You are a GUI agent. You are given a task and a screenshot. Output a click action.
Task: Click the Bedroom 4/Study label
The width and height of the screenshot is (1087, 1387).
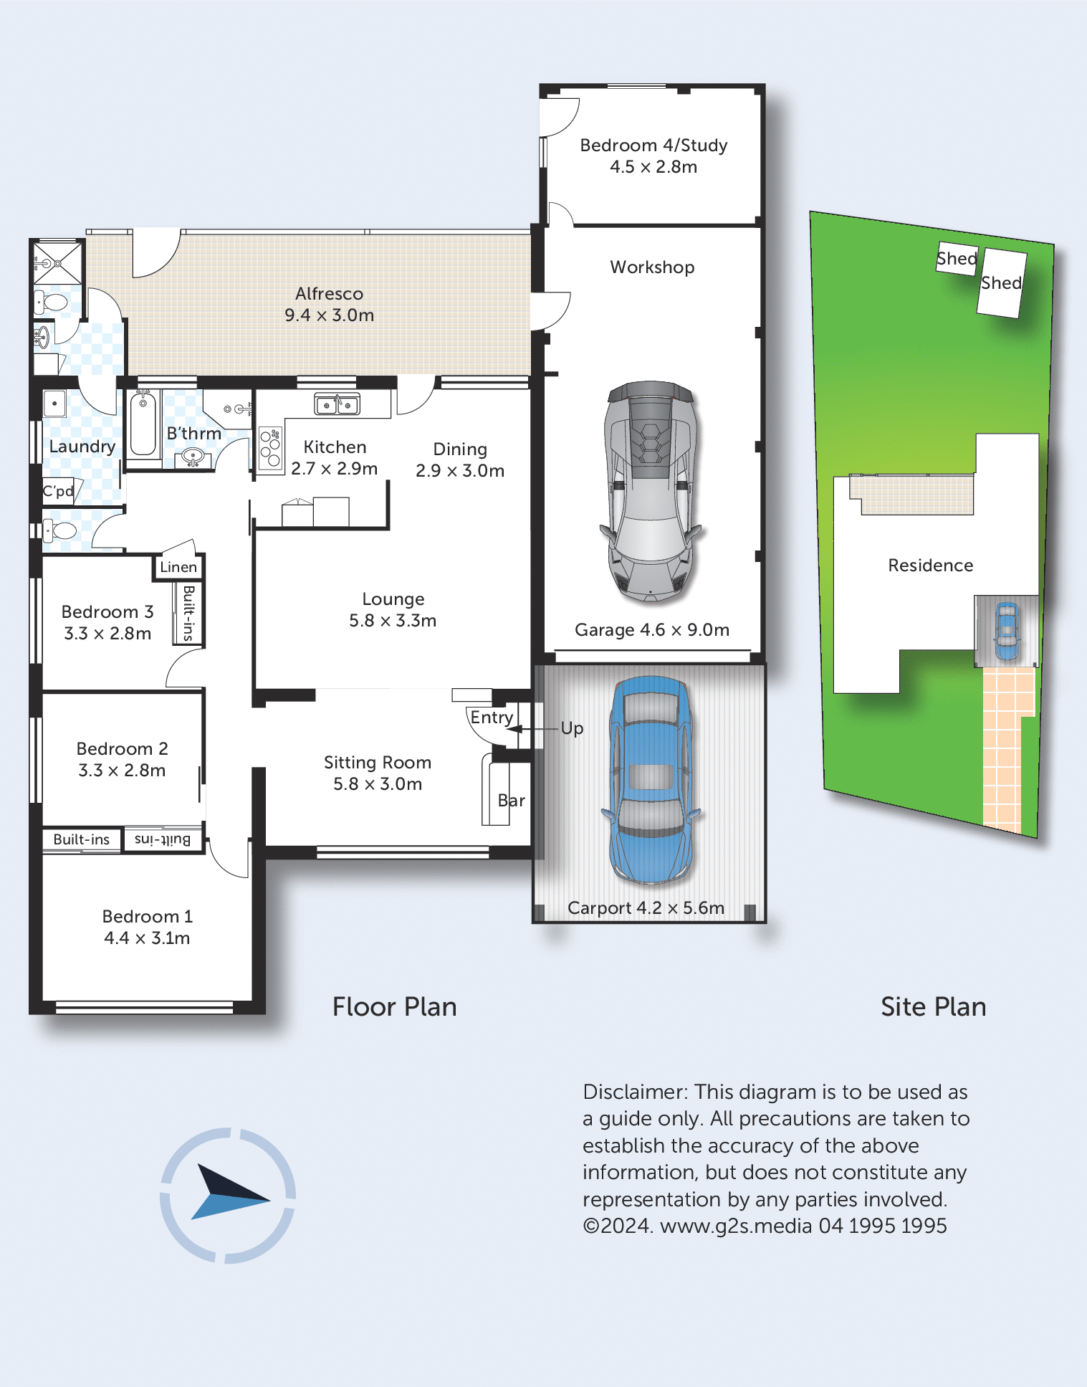653,156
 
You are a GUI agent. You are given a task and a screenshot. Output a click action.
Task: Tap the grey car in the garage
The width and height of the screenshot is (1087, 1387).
651,490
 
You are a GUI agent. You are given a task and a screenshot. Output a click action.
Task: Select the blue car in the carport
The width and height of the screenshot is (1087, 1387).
650,779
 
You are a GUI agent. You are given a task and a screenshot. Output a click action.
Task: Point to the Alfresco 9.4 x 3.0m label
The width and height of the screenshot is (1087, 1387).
329,304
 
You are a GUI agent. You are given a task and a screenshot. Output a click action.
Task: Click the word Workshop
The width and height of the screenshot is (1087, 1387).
652,267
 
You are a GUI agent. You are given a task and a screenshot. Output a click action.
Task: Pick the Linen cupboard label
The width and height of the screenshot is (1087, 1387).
178,567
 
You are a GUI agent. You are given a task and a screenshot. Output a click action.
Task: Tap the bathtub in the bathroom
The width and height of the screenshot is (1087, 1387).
143,425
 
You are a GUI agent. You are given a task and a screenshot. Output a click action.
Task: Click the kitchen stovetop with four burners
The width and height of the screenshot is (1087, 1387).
271,449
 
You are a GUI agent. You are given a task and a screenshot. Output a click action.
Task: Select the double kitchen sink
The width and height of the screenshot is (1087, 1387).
337,405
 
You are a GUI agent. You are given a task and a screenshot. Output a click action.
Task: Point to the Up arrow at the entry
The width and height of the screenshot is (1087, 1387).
532,729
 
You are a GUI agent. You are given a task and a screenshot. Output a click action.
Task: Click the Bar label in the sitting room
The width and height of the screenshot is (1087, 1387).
512,801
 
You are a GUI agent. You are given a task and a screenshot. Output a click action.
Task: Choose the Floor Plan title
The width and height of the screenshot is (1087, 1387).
394,1007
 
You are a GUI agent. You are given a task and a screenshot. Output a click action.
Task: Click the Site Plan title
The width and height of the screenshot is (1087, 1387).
934,1007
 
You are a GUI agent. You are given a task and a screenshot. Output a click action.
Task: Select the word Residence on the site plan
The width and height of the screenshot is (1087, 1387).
931,566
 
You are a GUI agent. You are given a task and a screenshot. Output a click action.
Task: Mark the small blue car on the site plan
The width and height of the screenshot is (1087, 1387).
1007,631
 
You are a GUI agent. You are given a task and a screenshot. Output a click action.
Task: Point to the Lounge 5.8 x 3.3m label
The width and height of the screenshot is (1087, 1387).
393,609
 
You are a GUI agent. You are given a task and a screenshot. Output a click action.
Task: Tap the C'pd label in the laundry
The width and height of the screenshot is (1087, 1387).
58,492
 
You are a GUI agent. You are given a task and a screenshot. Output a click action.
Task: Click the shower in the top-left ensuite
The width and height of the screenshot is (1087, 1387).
58,262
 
